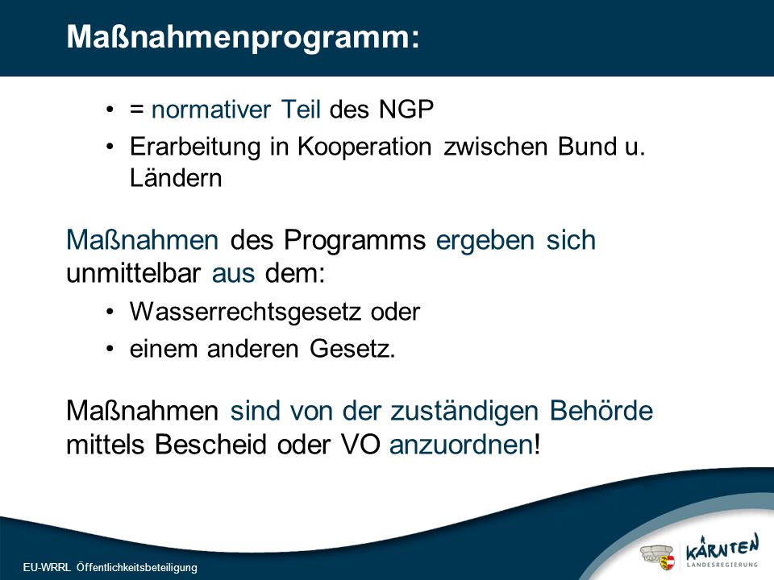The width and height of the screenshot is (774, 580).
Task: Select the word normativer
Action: (211, 110)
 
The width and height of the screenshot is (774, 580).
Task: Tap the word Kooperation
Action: (364, 147)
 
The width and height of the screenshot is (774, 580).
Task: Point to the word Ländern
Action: (176, 178)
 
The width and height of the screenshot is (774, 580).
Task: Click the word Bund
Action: (588, 147)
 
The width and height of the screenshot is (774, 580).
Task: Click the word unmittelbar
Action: (133, 273)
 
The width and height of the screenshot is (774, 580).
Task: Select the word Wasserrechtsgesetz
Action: (245, 313)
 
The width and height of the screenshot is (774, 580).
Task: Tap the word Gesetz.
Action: (352, 349)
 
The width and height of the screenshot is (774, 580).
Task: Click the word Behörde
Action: (601, 411)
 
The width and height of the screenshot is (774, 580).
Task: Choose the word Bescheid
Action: (210, 445)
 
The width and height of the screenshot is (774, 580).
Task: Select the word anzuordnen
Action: (461, 445)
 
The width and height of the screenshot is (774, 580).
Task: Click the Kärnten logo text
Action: (722, 549)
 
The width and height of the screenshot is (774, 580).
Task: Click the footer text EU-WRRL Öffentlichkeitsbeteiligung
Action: (110, 568)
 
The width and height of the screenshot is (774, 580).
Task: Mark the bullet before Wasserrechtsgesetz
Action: (110, 313)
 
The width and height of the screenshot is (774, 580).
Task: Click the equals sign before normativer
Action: (137, 110)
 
